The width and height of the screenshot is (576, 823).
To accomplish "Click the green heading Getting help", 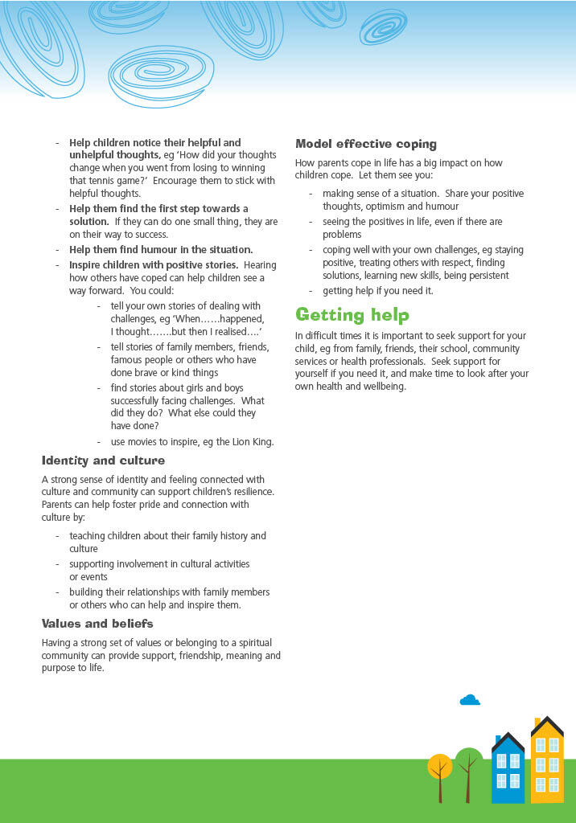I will point(352,314).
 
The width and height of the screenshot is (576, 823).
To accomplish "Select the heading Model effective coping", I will point(366,144).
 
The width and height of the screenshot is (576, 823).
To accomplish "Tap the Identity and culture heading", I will point(103,461).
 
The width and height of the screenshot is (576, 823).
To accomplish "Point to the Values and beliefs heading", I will point(97,624).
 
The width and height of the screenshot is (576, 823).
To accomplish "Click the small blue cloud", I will point(470,700).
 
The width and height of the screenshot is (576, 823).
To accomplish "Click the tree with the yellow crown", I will point(440,768).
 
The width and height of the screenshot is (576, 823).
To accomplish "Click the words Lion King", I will point(252,441).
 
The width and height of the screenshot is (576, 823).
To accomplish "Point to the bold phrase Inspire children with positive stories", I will point(154,265).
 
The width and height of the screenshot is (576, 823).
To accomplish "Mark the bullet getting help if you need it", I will point(377,290).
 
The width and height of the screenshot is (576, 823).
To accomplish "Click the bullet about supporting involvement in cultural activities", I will point(159,570).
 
